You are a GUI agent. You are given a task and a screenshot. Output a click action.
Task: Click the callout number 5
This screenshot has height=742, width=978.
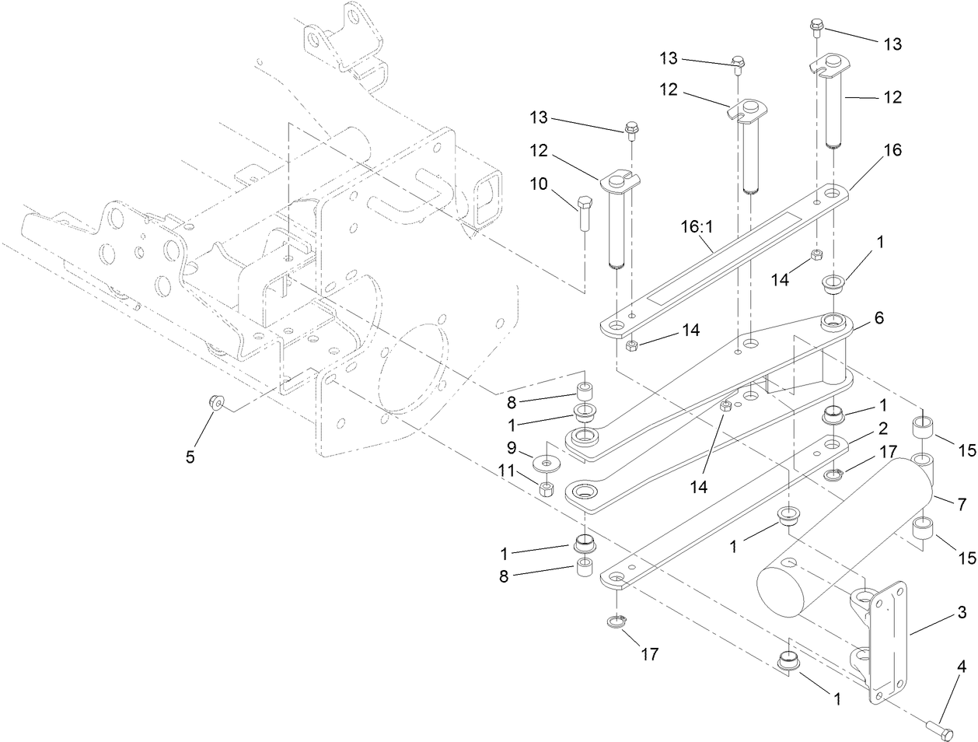(x=190, y=457)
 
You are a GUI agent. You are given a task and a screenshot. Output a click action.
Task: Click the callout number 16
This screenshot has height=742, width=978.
(x=892, y=150)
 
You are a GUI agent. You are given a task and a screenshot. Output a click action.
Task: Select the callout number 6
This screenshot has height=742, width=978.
(x=879, y=318)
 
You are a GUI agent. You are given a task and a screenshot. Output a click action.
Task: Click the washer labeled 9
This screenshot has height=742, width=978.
(x=547, y=464)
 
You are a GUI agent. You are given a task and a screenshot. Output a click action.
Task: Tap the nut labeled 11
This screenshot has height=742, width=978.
(x=546, y=489)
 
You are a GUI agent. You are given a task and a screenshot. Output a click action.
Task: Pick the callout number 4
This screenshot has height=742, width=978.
(x=962, y=667)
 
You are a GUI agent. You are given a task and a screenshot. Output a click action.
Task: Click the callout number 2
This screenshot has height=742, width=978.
(x=883, y=428)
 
